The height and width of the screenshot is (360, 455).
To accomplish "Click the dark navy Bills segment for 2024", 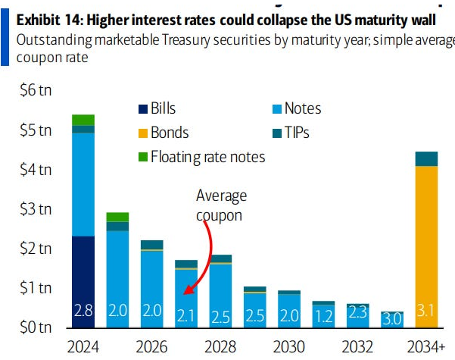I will (83, 273).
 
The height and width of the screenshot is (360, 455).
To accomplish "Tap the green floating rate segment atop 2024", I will (83, 120).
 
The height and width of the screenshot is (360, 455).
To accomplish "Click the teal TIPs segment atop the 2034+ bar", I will (426, 158).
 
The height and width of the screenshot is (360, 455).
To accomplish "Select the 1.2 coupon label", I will (323, 316).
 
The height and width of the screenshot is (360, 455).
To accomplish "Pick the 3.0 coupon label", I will (391, 318).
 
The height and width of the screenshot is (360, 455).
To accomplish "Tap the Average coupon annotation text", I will (221, 205).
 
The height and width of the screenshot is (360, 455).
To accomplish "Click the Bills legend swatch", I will (143, 108).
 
